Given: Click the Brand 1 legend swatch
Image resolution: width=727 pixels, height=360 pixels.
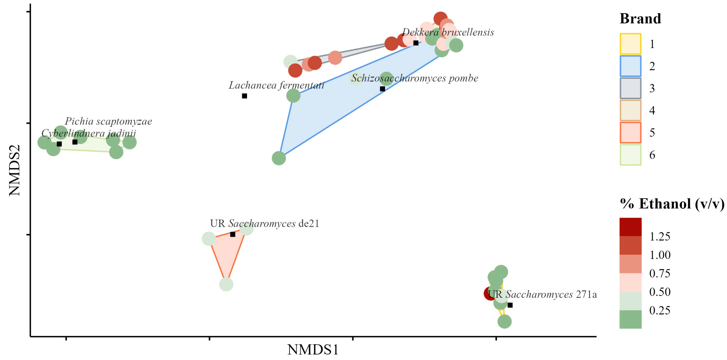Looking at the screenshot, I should click(x=630, y=44).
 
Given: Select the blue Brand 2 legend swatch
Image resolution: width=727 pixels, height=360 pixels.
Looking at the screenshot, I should click(x=630, y=66).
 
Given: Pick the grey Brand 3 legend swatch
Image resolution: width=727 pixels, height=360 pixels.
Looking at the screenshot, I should click(x=630, y=88).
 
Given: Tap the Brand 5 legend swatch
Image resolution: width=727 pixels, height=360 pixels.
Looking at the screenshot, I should click(x=630, y=132).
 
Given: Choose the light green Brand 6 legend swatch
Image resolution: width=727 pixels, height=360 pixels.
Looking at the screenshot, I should click(x=630, y=155).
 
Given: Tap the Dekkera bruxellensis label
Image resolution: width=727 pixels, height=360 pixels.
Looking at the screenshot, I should click(x=448, y=32).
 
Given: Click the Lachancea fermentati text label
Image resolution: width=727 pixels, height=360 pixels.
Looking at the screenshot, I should click(x=276, y=85).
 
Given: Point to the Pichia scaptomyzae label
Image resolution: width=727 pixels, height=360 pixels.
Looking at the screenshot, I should click(x=108, y=121).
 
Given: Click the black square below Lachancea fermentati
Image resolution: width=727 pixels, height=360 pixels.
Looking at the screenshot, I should click(x=244, y=96).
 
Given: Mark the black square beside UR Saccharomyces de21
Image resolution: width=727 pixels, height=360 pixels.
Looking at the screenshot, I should click(x=233, y=234).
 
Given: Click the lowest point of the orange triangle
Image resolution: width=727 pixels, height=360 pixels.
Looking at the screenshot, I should click(x=226, y=284).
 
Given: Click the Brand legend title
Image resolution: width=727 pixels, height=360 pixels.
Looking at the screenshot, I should click(x=640, y=19).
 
